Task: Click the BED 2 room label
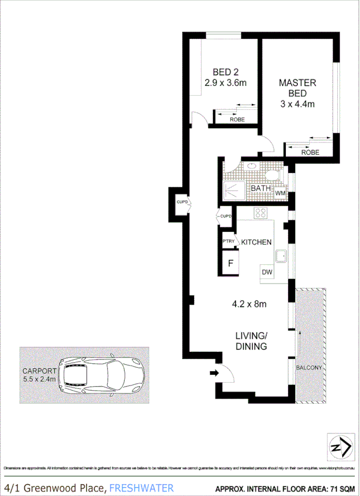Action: pos(226,72)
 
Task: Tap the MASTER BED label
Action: pos(297,88)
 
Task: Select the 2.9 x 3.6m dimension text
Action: pos(226,83)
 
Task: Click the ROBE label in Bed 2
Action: pos(237,120)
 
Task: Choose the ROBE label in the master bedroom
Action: pos(310,152)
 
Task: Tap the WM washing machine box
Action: pos(280,194)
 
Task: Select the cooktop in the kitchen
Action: pos(261,214)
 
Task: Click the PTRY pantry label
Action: pos(228,242)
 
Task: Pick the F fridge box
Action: pos(231,263)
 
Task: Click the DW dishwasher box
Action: pos(267,273)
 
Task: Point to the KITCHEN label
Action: pos(256,242)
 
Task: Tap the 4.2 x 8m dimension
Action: pos(249,304)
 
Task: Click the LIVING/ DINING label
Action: pos(251,341)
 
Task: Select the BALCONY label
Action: pos(309,367)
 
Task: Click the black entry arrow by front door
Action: pos(214,373)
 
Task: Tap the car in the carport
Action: pos(103,376)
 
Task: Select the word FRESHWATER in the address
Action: pos(141,488)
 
